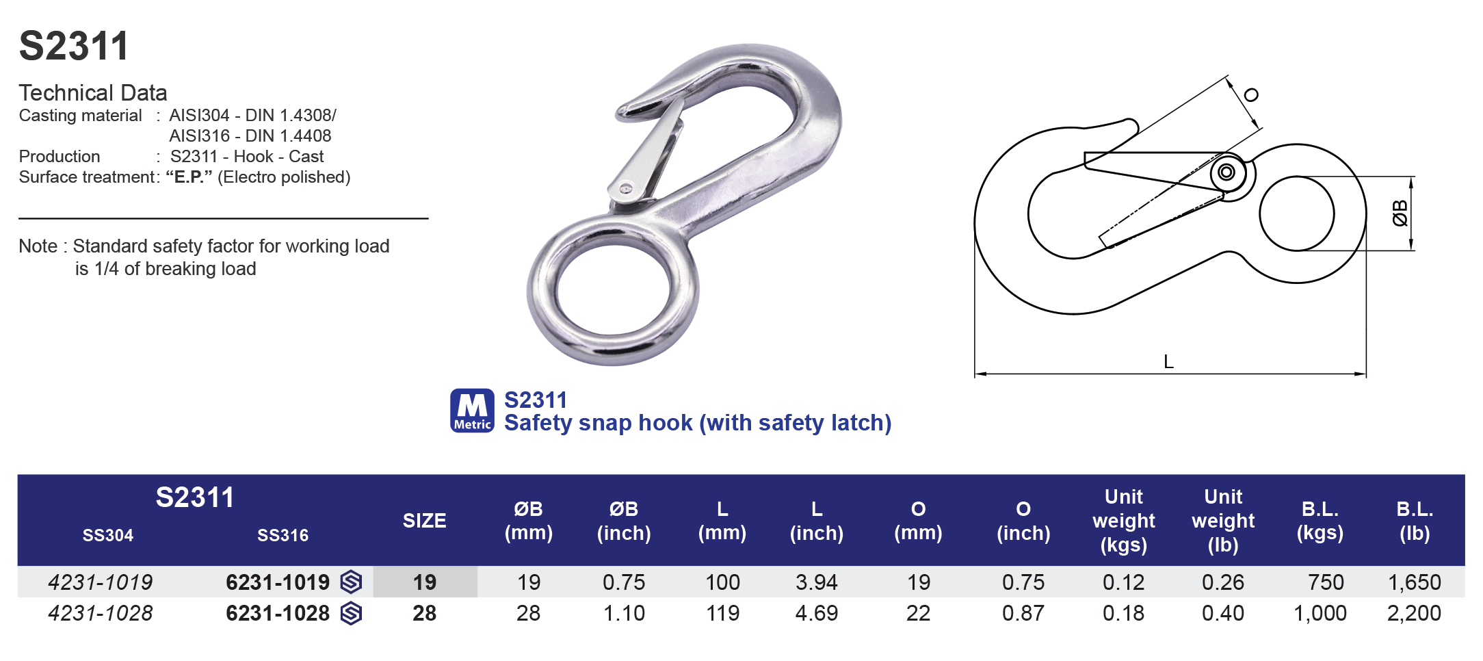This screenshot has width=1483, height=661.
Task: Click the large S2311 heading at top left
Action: [74, 47]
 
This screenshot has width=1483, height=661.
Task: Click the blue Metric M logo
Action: [472, 411]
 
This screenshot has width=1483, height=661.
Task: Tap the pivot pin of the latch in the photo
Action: [625, 189]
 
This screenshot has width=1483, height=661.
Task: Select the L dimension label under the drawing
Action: [1168, 362]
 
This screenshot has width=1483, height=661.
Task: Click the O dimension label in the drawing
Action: [1251, 95]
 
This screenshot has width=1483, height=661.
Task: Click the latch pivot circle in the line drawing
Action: [1226, 172]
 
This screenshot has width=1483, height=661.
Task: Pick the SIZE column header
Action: [424, 521]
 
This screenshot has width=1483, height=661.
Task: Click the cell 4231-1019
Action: [101, 582]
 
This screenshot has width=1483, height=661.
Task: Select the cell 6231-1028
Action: [278, 613]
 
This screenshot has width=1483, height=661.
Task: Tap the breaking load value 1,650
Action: [1414, 582]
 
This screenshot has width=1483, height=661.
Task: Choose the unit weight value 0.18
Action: [1123, 613]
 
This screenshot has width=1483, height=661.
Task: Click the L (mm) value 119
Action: [722, 613]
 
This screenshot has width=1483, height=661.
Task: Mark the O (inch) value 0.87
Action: [1023, 613]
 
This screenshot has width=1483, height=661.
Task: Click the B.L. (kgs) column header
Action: [1320, 521]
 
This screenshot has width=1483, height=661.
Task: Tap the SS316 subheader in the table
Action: [283, 535]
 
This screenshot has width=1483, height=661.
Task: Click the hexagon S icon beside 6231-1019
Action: [351, 582]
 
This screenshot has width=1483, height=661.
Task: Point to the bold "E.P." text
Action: [189, 177]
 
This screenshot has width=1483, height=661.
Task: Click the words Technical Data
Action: [93, 92]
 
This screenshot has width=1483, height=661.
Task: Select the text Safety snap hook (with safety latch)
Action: [698, 423]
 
